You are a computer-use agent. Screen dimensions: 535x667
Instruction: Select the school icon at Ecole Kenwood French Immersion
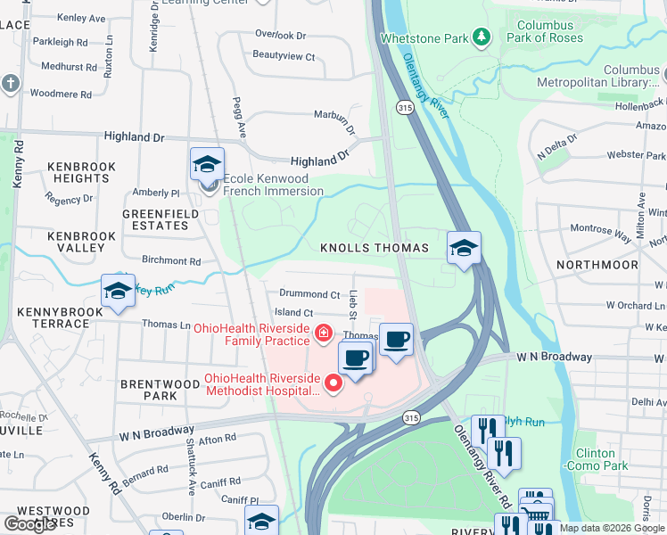pos(207,164)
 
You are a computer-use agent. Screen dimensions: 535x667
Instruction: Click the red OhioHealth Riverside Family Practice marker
pos(322,333)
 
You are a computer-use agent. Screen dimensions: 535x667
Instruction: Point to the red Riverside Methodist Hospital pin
pos(333,384)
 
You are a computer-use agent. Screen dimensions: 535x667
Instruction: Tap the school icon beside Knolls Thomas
pos(464,248)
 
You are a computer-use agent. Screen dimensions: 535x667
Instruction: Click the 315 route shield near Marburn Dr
pos(404,107)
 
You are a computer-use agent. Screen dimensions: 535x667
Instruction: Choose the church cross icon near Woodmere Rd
pos(11,83)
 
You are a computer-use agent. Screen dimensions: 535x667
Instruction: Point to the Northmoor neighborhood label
pos(597,265)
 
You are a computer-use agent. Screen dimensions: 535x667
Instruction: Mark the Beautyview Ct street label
pos(284,56)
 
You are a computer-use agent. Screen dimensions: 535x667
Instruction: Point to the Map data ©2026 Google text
pos(612,528)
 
